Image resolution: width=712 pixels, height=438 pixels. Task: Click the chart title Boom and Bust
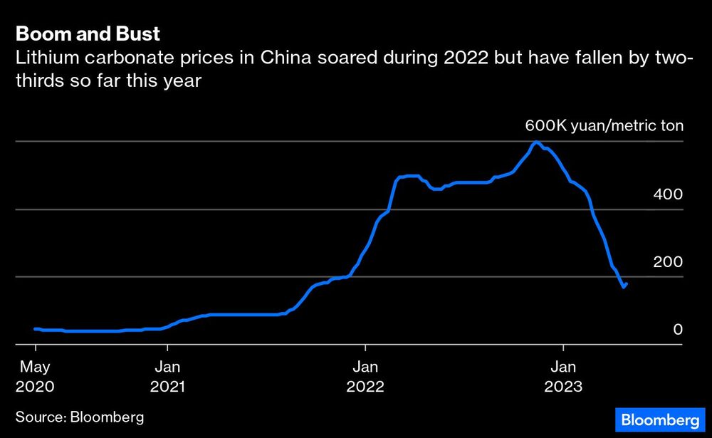[88, 33]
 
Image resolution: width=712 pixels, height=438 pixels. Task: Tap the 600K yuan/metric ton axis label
[604, 127]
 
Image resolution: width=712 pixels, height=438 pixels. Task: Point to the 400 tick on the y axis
[668, 194]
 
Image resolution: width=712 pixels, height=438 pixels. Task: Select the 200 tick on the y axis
[668, 261]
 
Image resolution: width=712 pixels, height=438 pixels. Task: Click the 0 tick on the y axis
[678, 329]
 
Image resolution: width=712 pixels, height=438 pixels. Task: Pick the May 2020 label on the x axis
[35, 377]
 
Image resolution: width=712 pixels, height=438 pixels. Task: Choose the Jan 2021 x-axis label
[167, 377]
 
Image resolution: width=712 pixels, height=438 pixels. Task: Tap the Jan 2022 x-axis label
[365, 377]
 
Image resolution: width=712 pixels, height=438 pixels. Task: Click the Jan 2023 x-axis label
[563, 377]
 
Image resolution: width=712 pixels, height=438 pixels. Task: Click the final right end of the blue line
[626, 283]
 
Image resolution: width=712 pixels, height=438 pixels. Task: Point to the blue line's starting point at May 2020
[35, 328]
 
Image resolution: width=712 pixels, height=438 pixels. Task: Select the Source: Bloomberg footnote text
[80, 417]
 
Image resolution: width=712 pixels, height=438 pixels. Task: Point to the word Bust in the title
[140, 33]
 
